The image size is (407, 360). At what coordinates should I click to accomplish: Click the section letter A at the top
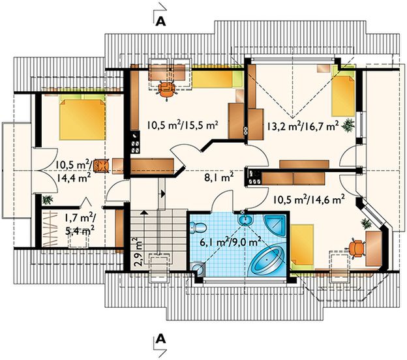160,22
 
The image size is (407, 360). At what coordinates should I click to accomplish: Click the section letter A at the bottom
160,338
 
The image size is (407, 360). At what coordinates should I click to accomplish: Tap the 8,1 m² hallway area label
219,178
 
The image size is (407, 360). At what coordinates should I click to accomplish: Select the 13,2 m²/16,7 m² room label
303,126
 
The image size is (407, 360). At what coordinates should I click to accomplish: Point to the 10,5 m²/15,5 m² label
182,125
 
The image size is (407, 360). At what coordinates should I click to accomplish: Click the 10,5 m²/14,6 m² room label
309,200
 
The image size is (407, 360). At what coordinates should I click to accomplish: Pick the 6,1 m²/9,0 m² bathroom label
230,242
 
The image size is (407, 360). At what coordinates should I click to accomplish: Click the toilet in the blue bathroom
198,228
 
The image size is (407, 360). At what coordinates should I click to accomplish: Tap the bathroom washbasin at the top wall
245,220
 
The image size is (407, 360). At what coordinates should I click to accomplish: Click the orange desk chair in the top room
166,89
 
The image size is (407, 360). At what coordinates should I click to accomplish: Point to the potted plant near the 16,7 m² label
348,125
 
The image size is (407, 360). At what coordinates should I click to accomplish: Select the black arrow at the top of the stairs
163,193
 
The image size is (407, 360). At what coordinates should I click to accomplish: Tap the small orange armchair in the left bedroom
102,166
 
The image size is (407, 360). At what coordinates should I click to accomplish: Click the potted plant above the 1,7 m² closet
48,200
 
